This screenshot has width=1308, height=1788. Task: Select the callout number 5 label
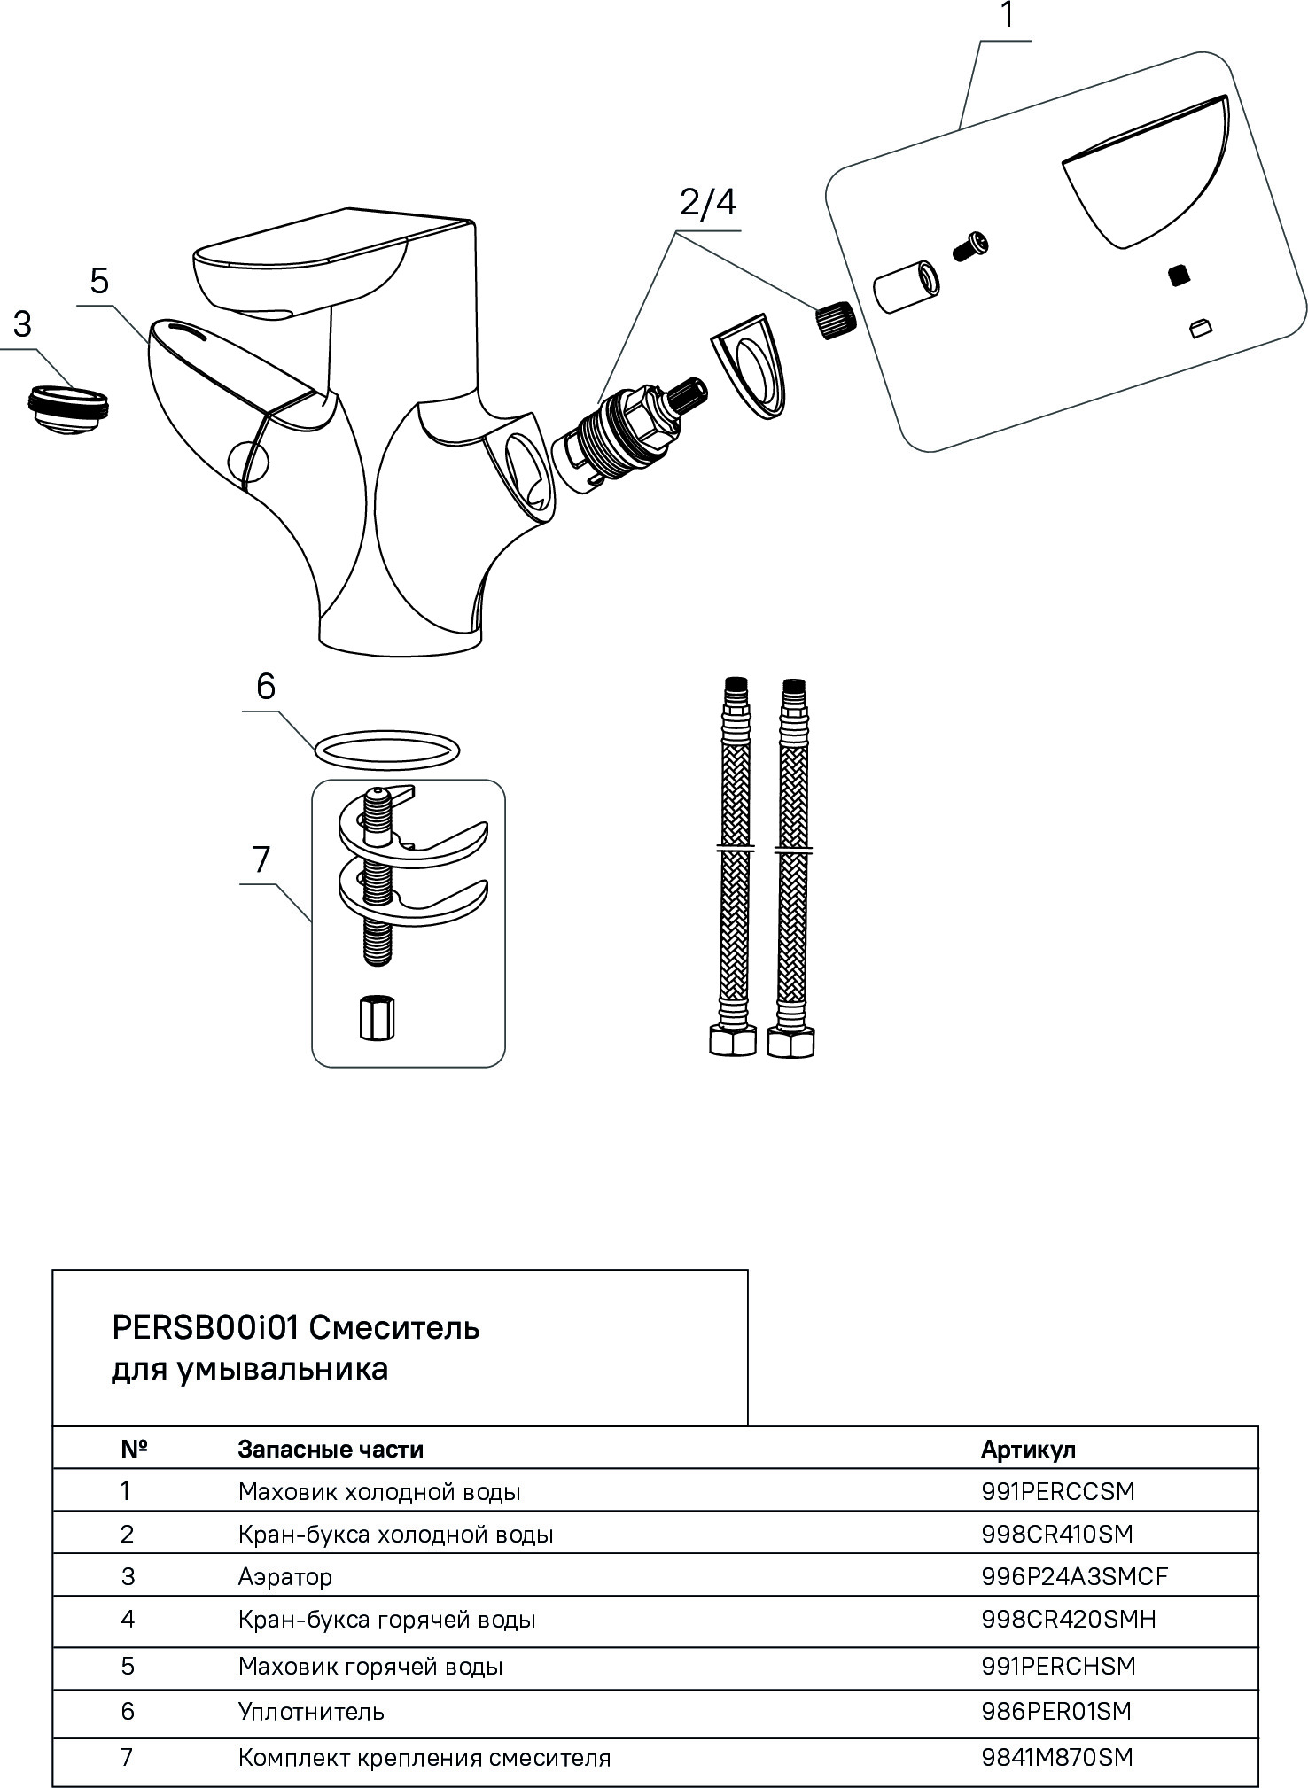pyautogui.click(x=98, y=281)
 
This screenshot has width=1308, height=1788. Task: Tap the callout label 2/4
pyautogui.click(x=707, y=204)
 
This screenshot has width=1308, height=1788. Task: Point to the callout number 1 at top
pyautogui.click(x=1007, y=16)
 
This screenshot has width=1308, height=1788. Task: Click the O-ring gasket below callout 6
pyautogui.click(x=386, y=750)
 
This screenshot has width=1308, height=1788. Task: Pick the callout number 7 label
pyautogui.click(x=261, y=859)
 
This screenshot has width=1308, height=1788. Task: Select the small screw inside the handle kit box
pyautogui.click(x=970, y=245)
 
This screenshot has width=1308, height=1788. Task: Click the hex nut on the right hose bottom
pyautogui.click(x=790, y=1042)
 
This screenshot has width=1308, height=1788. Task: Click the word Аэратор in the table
pyautogui.click(x=285, y=1576)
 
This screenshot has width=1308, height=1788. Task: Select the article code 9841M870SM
pyautogui.click(x=1056, y=1757)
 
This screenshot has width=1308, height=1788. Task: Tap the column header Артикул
pyautogui.click(x=1028, y=1450)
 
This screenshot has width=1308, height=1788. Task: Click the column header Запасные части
pyautogui.click(x=331, y=1450)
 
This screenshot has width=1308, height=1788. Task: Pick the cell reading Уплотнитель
pyautogui.click(x=311, y=1711)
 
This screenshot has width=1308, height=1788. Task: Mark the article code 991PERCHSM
pyautogui.click(x=1058, y=1666)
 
